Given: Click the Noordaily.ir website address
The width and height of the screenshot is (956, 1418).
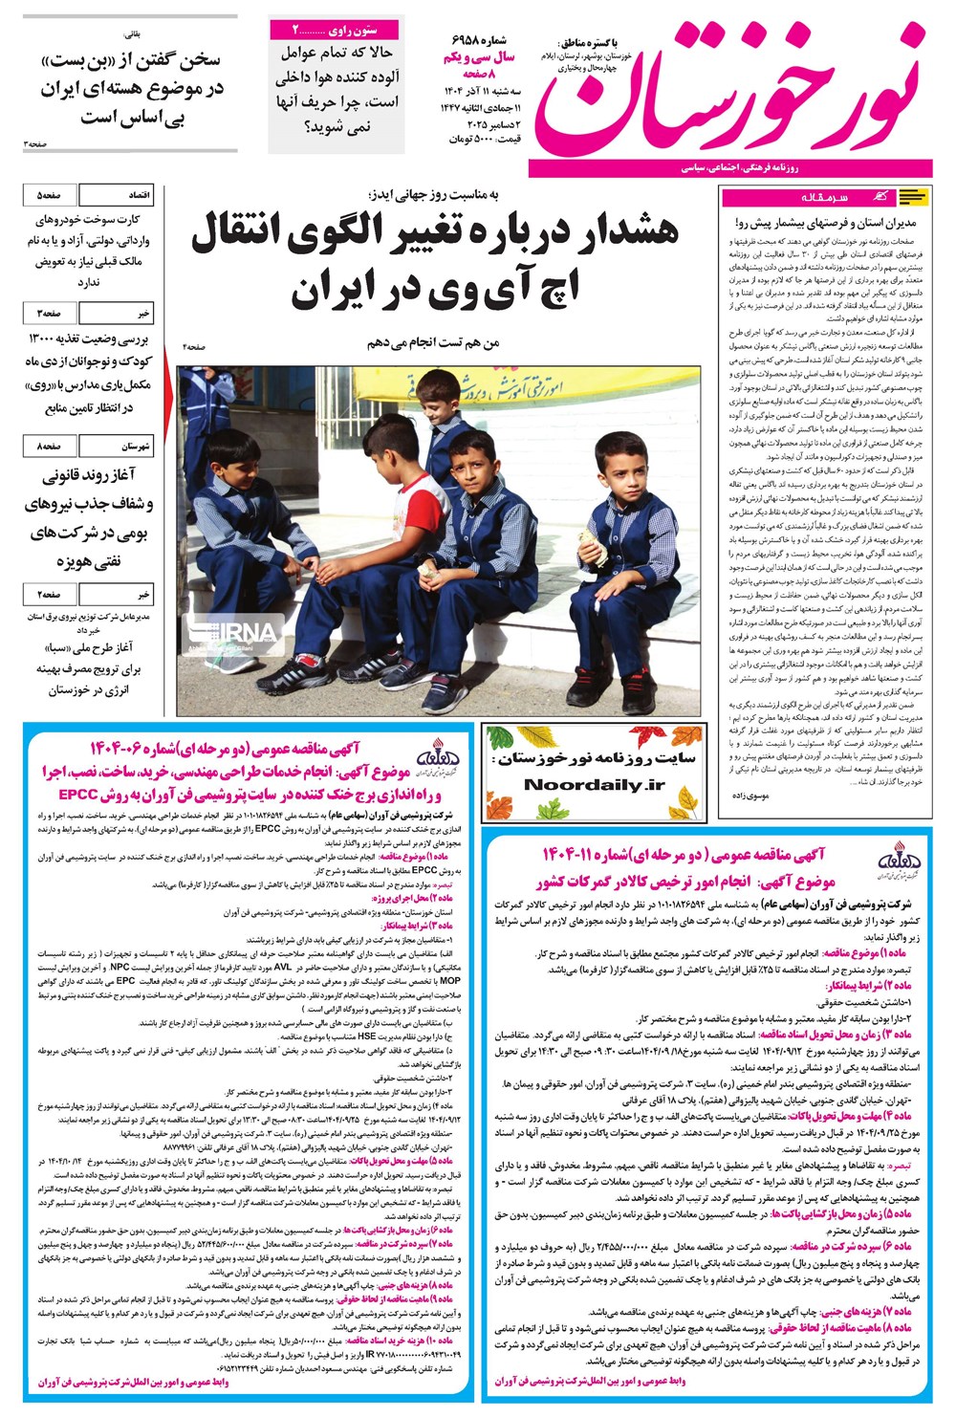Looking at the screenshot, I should [594, 784].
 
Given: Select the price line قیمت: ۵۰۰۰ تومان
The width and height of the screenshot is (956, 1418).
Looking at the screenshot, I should [484, 140].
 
